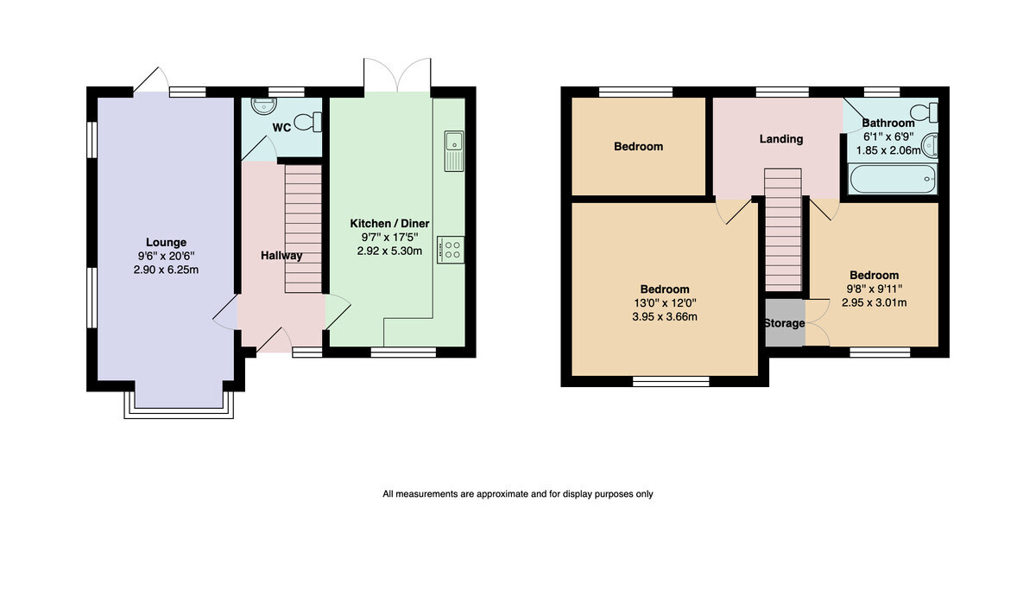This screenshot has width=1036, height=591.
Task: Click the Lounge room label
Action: (x=166, y=242)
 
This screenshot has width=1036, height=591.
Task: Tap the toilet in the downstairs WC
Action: (x=307, y=122)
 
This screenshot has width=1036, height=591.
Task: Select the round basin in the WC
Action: (x=264, y=105)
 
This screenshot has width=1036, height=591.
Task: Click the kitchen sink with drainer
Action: (x=454, y=151)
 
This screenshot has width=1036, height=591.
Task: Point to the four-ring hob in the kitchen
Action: (x=451, y=250)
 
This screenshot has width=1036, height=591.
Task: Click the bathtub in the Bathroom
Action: (x=893, y=179)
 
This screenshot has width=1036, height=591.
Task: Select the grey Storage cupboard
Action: (x=785, y=323)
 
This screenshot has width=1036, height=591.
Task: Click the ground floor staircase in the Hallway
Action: (x=303, y=229)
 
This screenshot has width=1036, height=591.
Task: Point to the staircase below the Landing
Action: (x=782, y=230)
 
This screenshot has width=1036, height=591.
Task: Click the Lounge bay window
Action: (x=179, y=406)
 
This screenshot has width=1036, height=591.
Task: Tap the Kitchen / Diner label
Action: (x=389, y=224)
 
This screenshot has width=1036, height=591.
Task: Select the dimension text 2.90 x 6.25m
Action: (x=166, y=270)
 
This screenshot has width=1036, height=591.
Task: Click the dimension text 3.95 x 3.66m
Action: (x=665, y=317)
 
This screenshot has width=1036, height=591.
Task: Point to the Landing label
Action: (x=781, y=139)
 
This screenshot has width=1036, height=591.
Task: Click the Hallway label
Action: (x=281, y=256)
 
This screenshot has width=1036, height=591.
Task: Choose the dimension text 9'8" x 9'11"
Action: (x=874, y=289)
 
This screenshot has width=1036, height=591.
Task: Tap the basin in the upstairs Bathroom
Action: (x=930, y=145)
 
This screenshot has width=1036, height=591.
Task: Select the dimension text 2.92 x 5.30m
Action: (x=389, y=251)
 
